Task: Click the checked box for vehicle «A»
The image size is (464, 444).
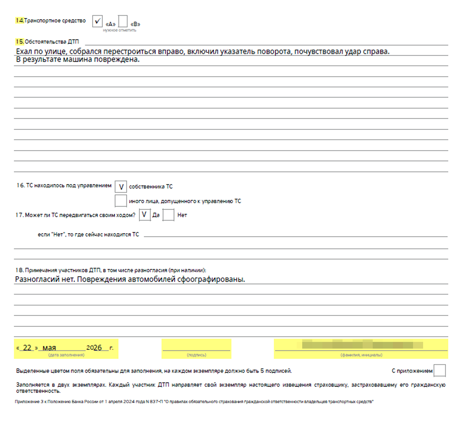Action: [x=97, y=22]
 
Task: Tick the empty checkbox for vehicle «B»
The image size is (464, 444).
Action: [x=123, y=22]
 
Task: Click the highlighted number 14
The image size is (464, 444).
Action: [x=20, y=21]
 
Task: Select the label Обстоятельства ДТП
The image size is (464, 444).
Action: [x=52, y=42]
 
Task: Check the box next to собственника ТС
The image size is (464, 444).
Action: [x=121, y=186]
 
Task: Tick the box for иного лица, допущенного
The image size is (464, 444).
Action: [x=121, y=201]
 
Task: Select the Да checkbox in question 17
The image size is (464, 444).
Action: [x=144, y=215]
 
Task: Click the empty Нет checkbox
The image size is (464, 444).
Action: [x=168, y=215]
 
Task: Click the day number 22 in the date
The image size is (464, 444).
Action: [x=27, y=348]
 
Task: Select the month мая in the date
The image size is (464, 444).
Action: [x=49, y=348]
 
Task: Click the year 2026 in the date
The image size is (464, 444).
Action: [x=94, y=348]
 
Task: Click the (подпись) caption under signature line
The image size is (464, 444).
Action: [x=196, y=355]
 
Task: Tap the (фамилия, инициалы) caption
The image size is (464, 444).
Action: [x=361, y=355]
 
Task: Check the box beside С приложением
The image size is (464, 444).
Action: [x=440, y=371]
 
